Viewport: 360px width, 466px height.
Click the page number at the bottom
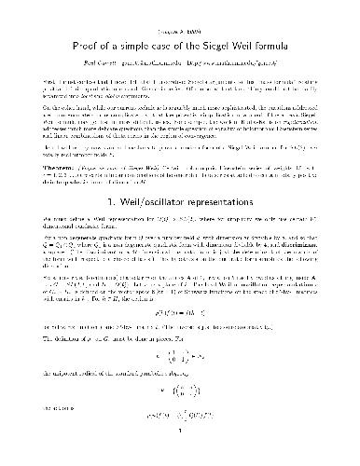tap(180, 454)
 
